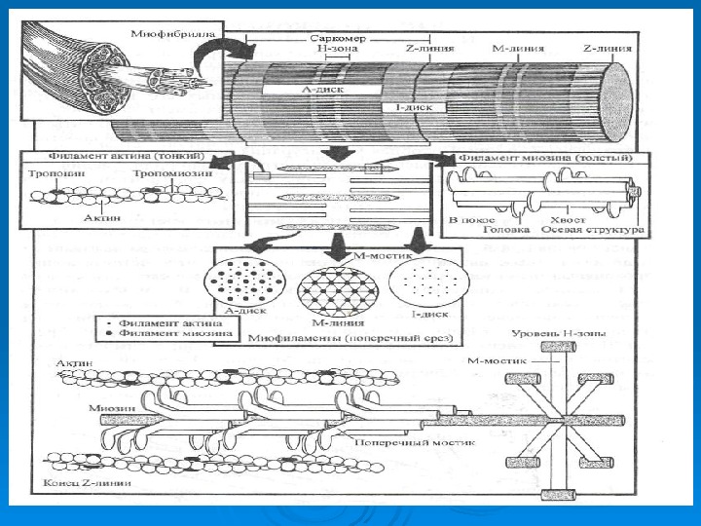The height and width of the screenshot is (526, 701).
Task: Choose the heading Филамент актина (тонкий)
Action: tap(103, 157)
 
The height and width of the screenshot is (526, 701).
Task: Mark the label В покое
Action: tap(466, 221)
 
